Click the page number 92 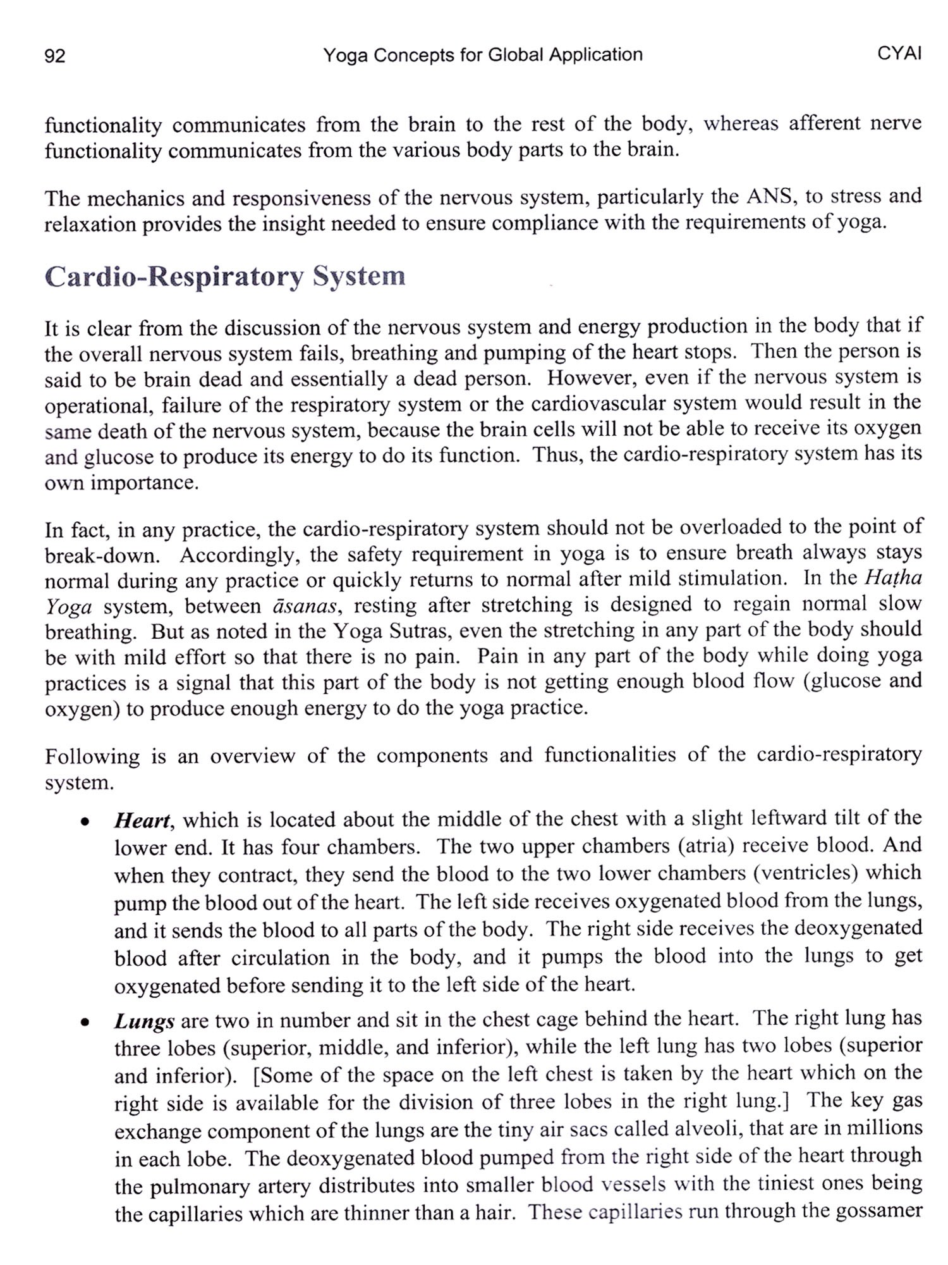tap(55, 56)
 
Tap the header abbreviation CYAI tap(899, 53)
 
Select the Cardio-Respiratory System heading tap(225, 277)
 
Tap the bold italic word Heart tap(142, 820)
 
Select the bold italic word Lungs tap(144, 1021)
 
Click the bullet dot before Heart tap(83, 822)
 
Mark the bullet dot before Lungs tap(83, 1023)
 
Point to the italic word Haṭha tap(892, 577)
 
